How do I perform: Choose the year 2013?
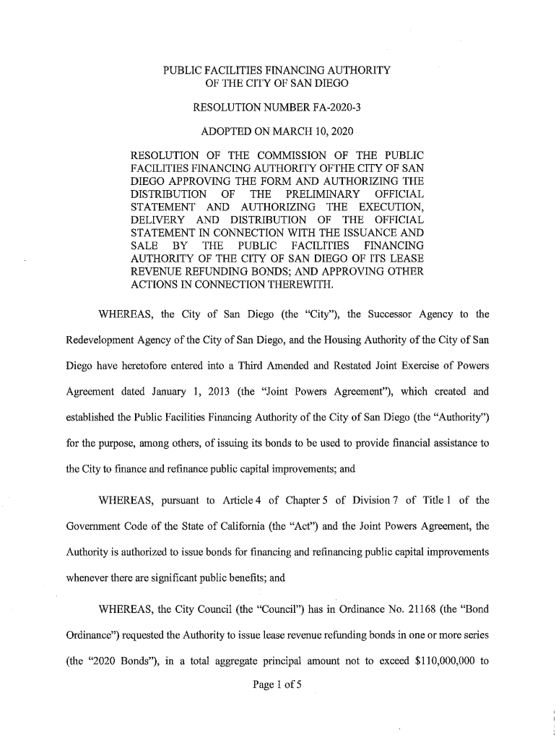point(214,392)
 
